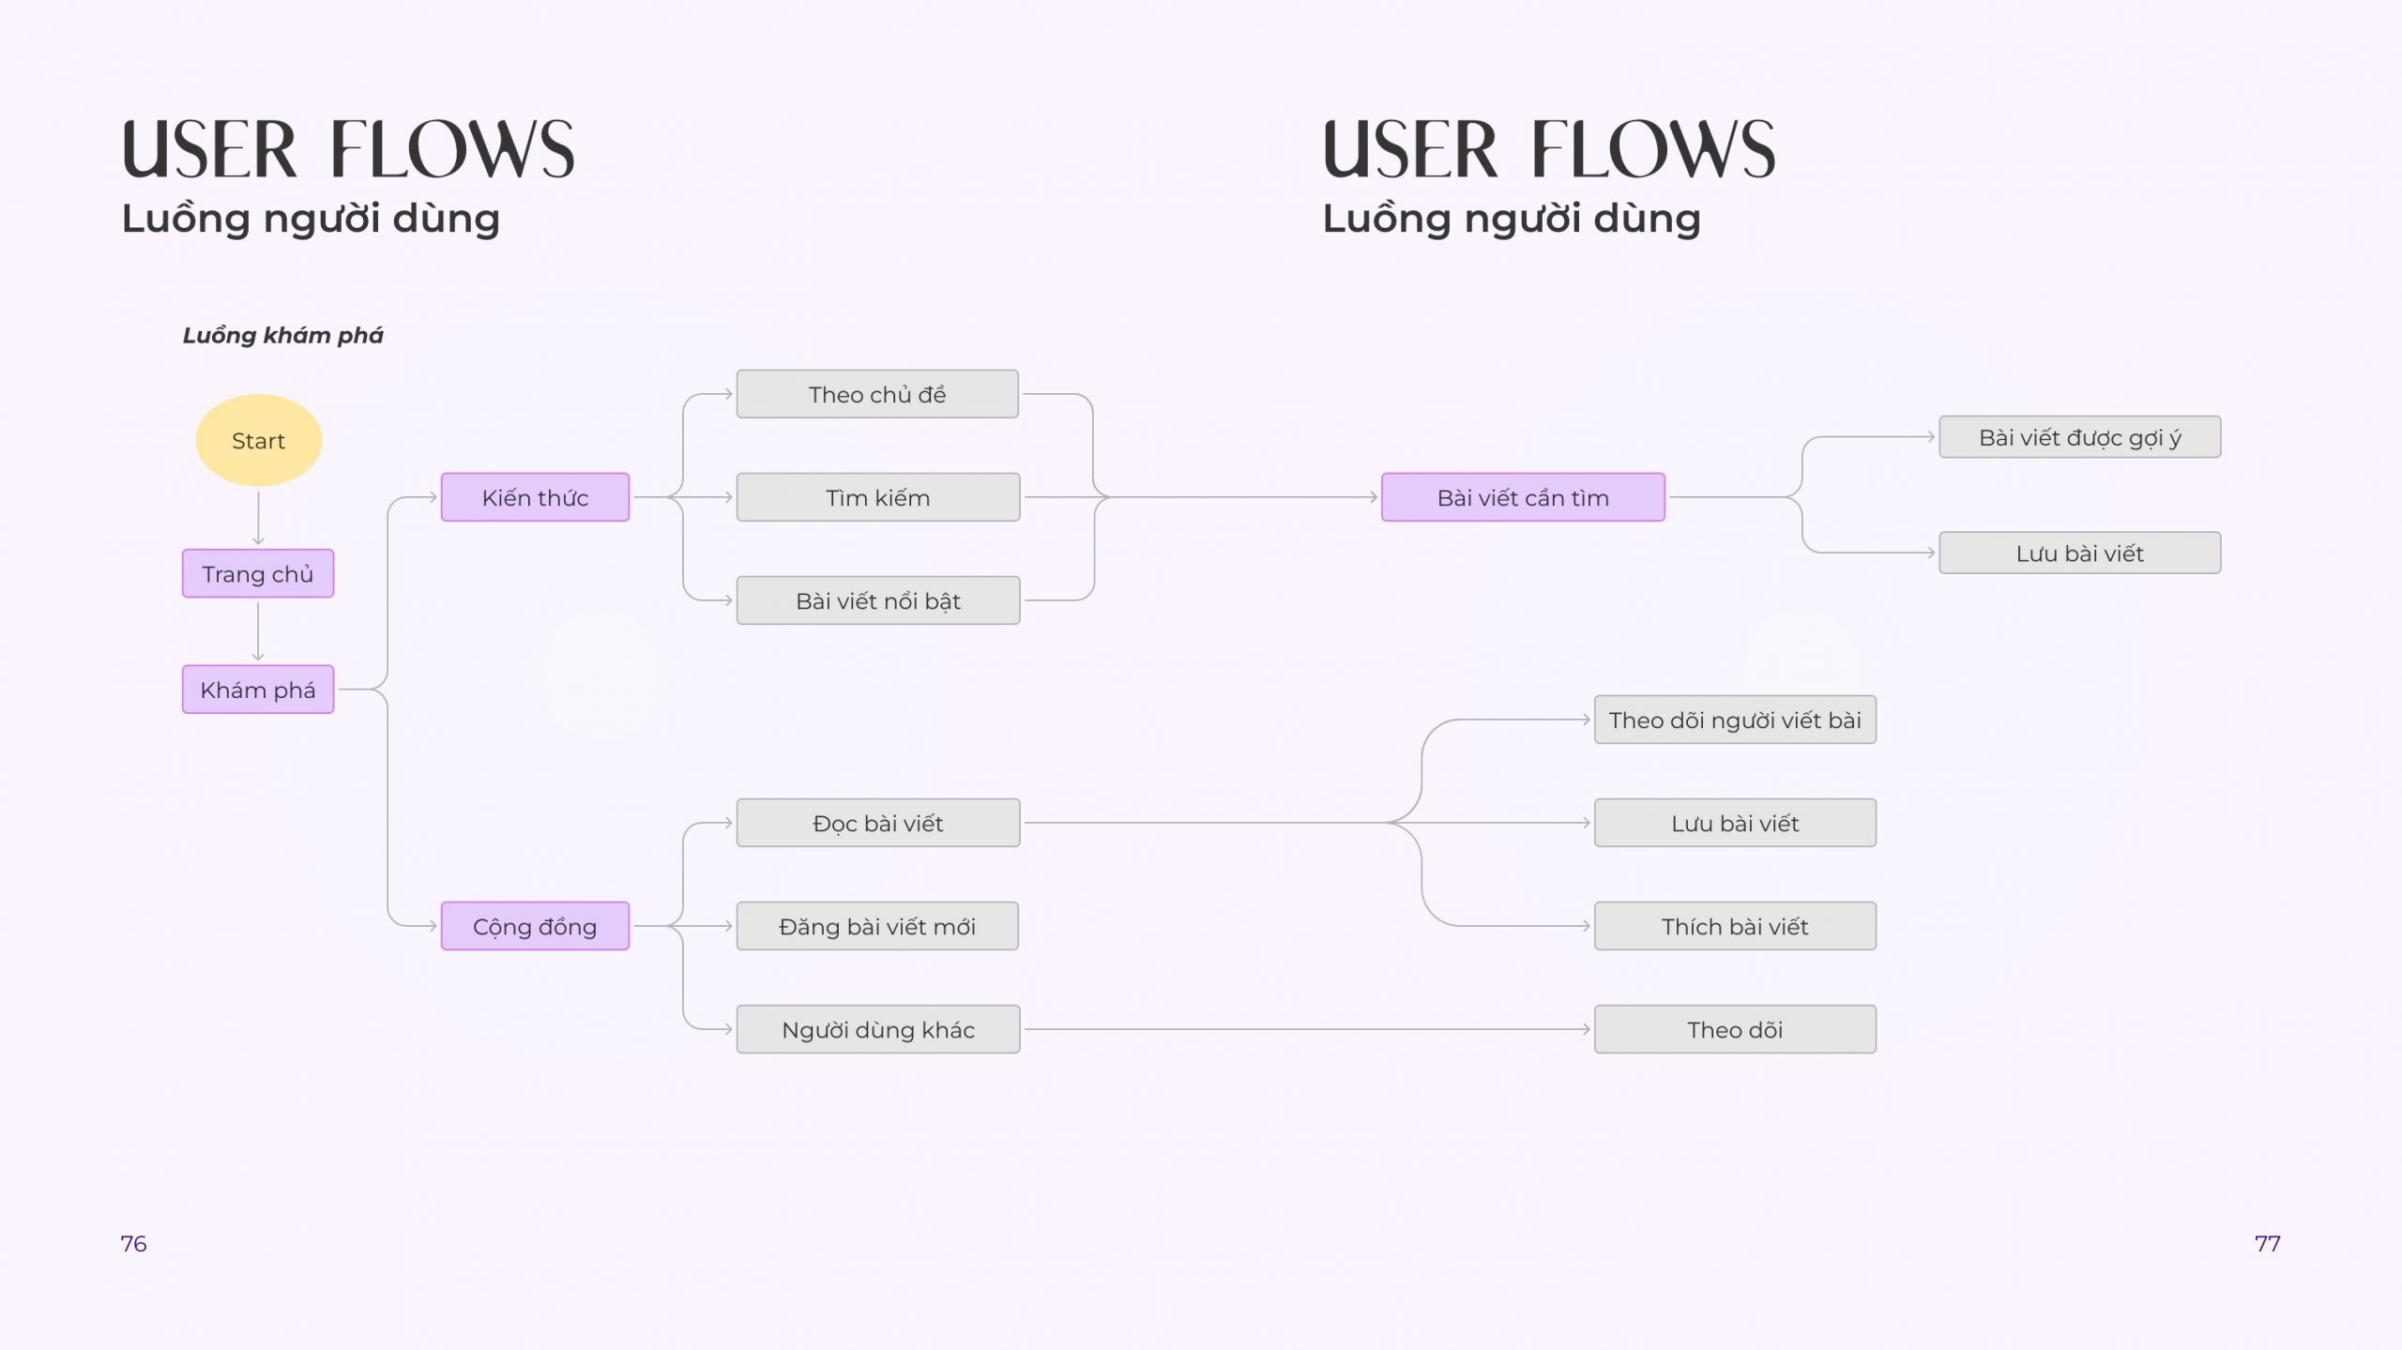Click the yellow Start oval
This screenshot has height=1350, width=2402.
258,440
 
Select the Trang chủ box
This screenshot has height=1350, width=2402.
258,573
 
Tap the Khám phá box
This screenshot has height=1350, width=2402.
258,690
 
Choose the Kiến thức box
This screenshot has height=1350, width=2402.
535,497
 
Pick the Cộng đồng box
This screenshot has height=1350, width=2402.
535,926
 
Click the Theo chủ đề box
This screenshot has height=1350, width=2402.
877,394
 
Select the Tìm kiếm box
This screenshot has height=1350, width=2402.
878,497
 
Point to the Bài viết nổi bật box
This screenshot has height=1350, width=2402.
878,600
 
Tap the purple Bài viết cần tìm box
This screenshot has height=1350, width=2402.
1523,497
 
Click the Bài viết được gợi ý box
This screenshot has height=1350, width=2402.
2080,437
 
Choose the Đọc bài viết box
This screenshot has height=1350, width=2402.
878,823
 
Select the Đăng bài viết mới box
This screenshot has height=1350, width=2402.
877,926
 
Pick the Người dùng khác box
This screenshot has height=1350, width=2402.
878,1029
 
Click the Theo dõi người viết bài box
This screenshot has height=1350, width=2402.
1735,720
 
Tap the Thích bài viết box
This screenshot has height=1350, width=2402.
1735,926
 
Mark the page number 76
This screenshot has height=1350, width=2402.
133,1244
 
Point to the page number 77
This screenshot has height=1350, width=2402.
2267,1244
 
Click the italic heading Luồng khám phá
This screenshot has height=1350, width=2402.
282,335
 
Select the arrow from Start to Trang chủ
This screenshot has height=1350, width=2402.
258,518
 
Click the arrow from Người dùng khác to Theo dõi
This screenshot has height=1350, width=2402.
1307,1029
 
